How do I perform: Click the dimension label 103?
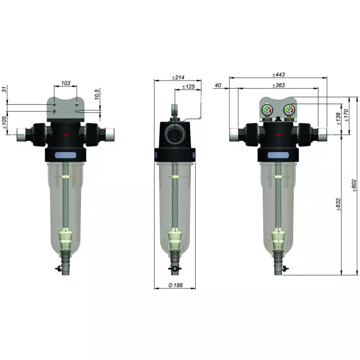point(66,83)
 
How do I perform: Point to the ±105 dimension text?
point(4,122)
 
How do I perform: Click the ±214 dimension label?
point(178,77)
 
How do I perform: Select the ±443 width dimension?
point(279,75)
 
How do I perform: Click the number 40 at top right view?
point(218,85)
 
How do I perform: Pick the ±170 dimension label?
point(346,115)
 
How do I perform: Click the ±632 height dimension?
point(338,204)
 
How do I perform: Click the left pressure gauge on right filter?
point(267,110)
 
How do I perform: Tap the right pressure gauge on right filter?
point(288,109)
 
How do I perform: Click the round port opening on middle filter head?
point(174,133)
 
